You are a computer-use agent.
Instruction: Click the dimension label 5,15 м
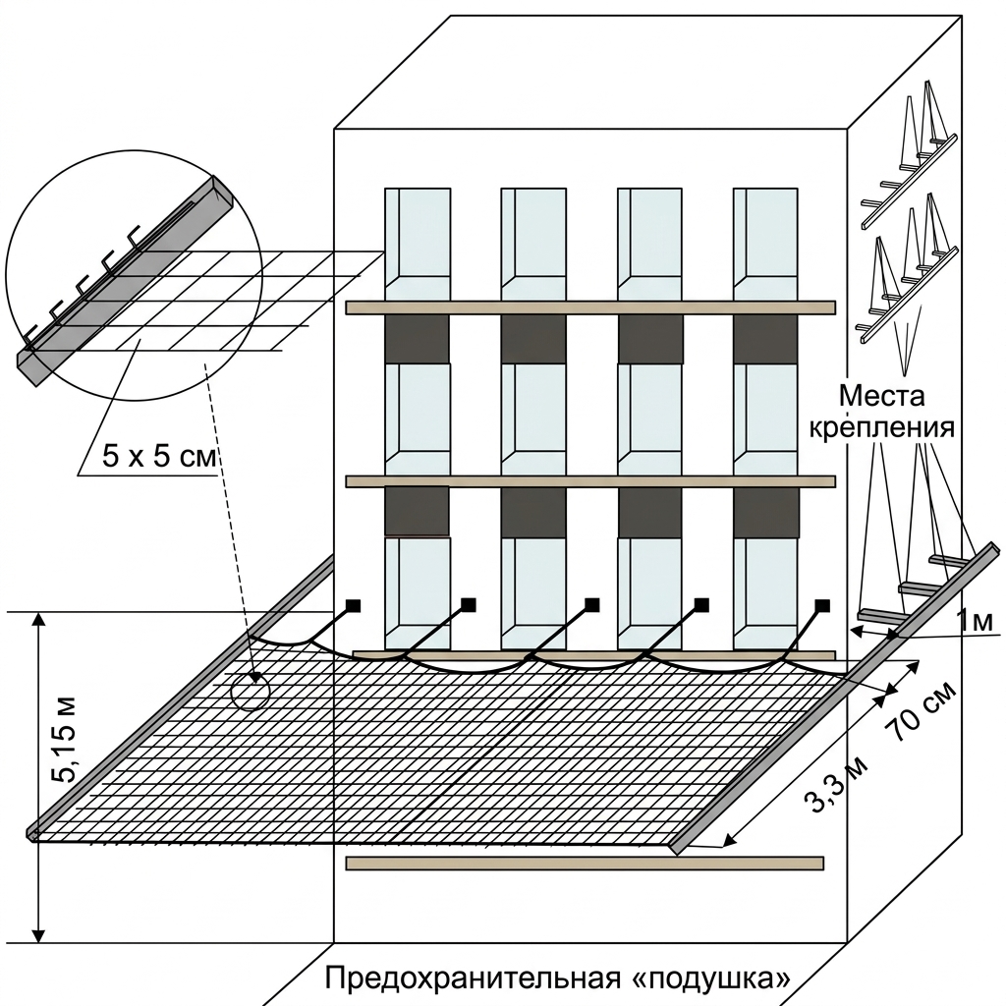click(66, 739)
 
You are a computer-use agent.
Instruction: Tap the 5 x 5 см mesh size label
click(158, 458)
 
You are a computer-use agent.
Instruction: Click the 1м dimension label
click(975, 621)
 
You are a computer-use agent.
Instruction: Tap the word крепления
click(881, 428)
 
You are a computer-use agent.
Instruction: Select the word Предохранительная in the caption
click(473, 979)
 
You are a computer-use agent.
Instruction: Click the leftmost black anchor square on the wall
click(353, 605)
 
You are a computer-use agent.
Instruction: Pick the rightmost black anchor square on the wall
click(822, 605)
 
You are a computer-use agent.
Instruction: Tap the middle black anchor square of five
click(592, 605)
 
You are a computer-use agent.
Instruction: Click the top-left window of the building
click(417, 244)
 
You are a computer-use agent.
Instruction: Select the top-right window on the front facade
click(765, 244)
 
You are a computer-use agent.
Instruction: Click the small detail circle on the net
click(250, 691)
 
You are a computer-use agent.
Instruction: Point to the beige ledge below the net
click(585, 863)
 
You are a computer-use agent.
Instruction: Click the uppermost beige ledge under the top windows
click(590, 307)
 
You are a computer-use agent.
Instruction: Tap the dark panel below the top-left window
click(417, 338)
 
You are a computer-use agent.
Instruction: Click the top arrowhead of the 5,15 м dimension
click(39, 619)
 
